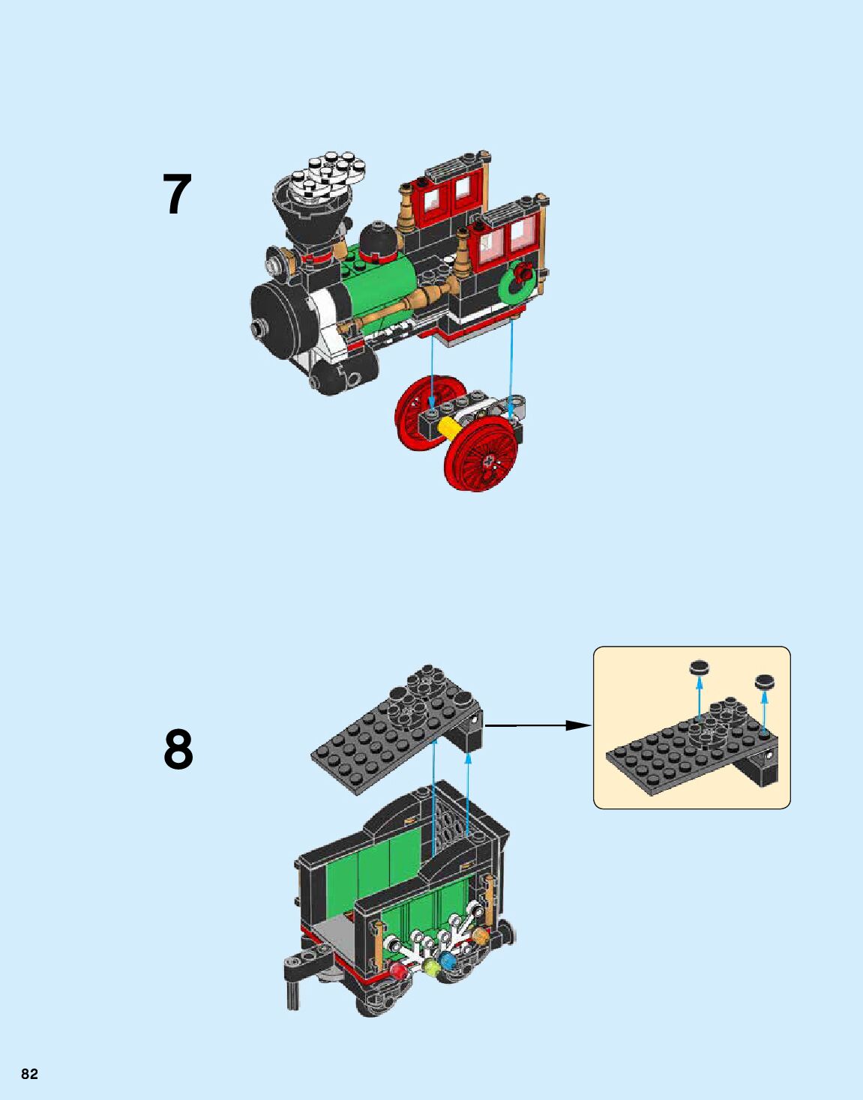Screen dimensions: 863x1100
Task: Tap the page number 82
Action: click(x=29, y=1074)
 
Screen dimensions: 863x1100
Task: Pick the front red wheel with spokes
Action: click(x=487, y=459)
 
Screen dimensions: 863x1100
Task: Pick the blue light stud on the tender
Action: click(x=449, y=961)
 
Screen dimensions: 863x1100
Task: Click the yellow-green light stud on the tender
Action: click(x=430, y=967)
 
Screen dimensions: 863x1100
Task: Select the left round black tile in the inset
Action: click(x=699, y=666)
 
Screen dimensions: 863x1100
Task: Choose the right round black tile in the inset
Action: click(x=765, y=681)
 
